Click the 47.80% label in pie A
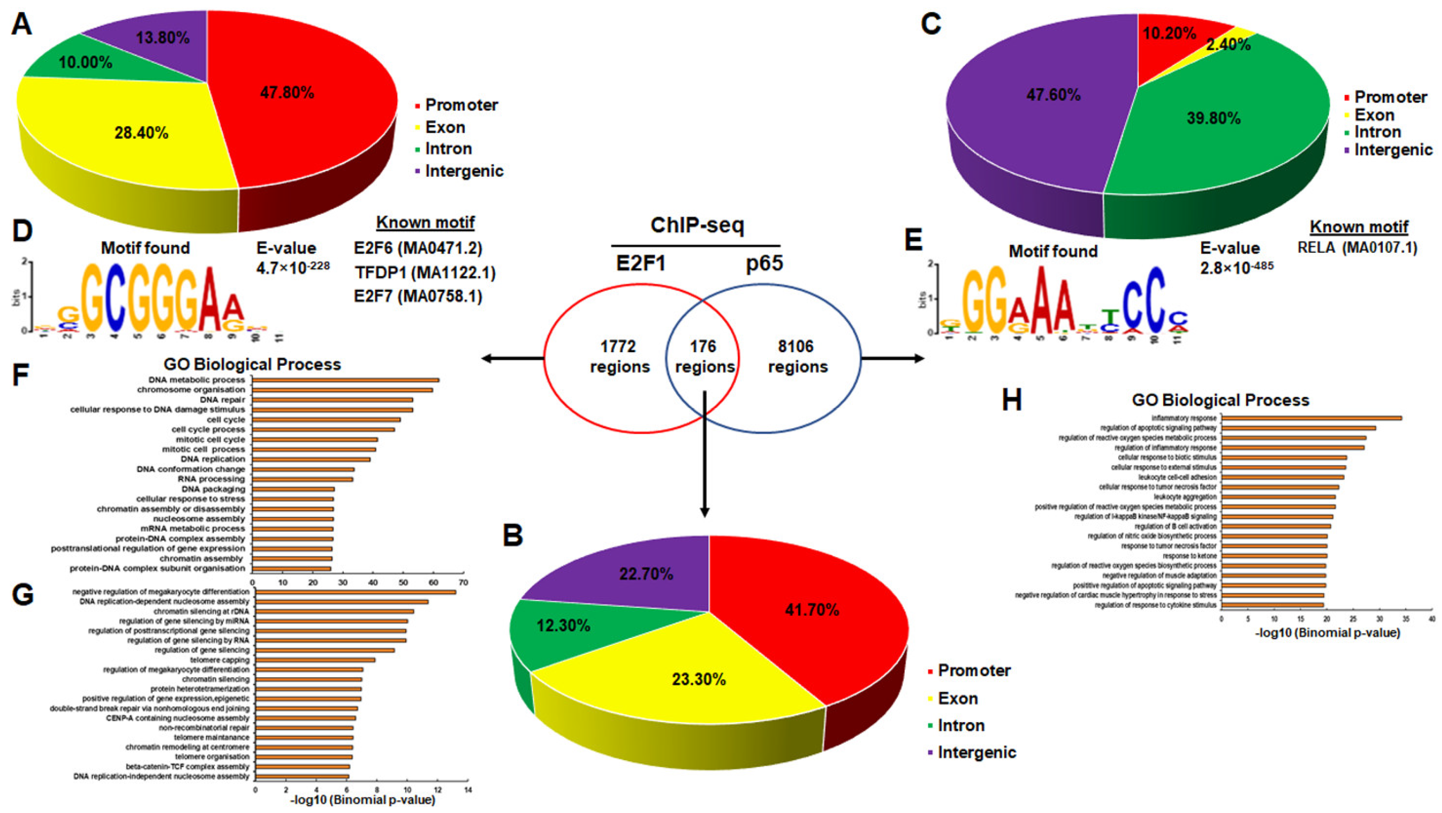[287, 93]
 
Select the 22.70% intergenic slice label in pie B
[646, 574]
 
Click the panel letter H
[1012, 400]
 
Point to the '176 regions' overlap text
[704, 357]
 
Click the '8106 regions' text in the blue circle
[797, 357]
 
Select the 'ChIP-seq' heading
[697, 225]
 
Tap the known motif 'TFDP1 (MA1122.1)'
[425, 273]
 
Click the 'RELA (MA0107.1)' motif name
[1357, 248]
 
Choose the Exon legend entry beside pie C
[1374, 115]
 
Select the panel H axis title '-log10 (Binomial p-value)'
[1327, 633]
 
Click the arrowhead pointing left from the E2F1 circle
[487, 358]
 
